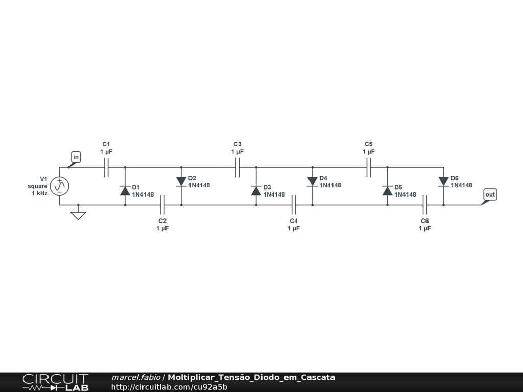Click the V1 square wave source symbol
point(60,186)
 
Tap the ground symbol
point(78,215)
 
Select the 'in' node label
point(76,157)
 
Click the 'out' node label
point(490,194)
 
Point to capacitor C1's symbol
point(106,167)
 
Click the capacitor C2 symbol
point(162,205)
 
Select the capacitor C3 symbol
point(237,167)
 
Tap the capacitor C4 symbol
point(294,205)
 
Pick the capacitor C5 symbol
point(369,167)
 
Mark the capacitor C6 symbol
point(425,205)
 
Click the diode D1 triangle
point(125,191)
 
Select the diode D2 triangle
point(181,181)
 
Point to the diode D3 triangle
point(256,191)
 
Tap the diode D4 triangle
point(313,181)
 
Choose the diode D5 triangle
point(388,191)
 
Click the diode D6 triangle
point(444,181)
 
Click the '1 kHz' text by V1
point(40,193)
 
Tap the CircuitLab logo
point(55,382)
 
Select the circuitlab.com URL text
point(169,387)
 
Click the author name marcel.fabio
point(136,377)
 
